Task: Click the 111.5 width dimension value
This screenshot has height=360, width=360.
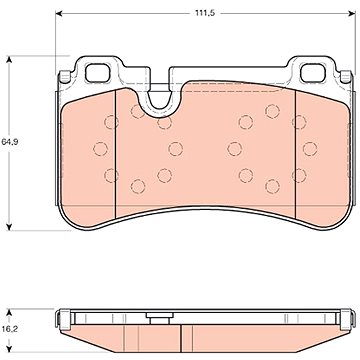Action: click(x=205, y=13)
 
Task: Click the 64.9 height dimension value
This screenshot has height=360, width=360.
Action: click(x=10, y=142)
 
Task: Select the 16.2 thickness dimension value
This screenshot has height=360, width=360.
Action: click(x=10, y=329)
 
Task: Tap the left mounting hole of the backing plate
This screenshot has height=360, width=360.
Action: click(x=97, y=73)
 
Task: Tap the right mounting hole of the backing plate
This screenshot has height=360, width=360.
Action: click(x=313, y=73)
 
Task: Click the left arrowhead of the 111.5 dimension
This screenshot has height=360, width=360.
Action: click(x=59, y=13)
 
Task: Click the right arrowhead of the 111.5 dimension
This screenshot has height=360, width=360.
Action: click(x=352, y=13)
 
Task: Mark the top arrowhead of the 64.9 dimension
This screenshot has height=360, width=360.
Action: click(x=9, y=60)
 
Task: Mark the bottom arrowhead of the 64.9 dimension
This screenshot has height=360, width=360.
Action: click(x=9, y=226)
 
